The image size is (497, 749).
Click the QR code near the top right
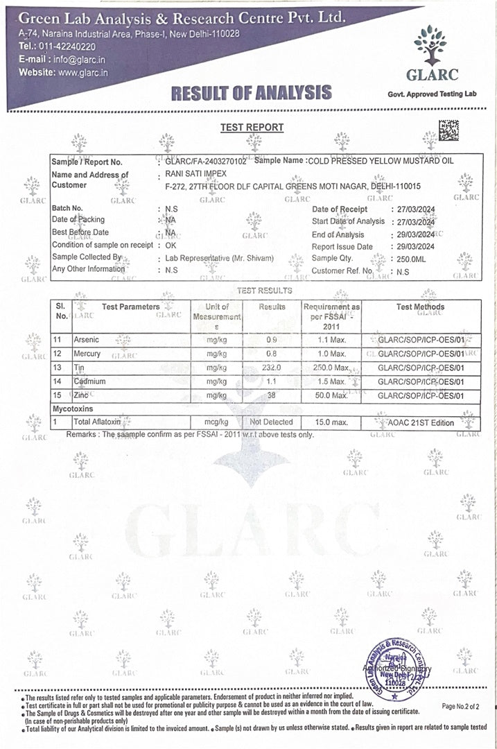pos(448,130)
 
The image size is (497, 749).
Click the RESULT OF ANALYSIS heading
pos(252,92)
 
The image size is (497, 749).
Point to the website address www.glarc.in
pos(82,71)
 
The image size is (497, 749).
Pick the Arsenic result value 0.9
pos(272,340)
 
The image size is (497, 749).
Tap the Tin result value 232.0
pos(272,368)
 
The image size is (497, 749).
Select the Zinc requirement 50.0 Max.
pos(331,395)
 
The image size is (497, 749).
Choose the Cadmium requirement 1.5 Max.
pos(331,381)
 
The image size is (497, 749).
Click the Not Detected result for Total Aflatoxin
pos(272,422)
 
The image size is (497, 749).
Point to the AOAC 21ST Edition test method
pos(424,422)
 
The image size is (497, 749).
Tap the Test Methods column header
pos(420,307)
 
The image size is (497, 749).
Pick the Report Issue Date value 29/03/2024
pos(412,246)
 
